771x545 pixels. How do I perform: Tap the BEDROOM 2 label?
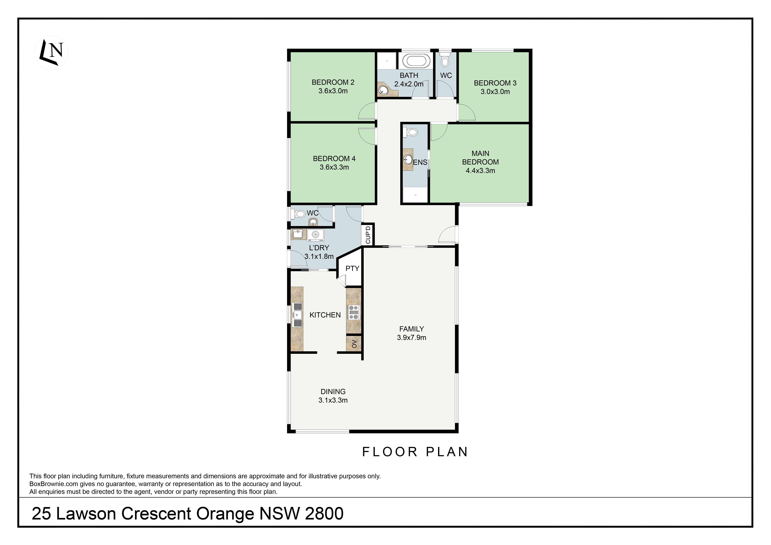coord(333,82)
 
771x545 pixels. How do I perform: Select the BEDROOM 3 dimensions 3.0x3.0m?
coord(495,92)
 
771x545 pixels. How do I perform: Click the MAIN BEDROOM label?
coord(480,158)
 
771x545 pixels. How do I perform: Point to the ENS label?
coord(420,162)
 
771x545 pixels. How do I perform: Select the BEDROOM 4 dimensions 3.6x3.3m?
coord(334,167)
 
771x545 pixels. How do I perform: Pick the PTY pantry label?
coord(352,268)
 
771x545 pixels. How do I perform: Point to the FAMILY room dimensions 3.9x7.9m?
coord(411,338)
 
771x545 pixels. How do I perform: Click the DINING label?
coord(333,392)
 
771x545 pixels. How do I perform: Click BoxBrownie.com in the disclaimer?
coord(54,484)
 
